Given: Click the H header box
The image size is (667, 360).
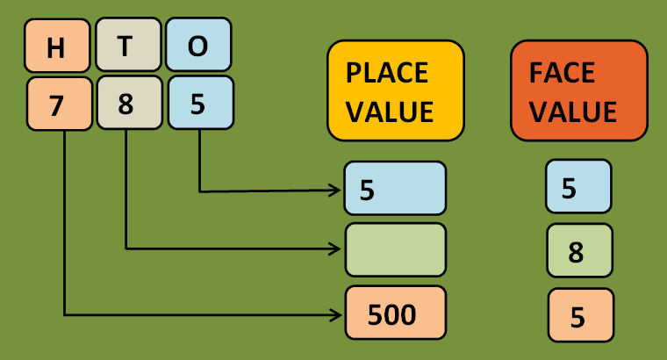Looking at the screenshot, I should point(57,46).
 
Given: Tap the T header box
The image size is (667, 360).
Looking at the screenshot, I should point(128,46).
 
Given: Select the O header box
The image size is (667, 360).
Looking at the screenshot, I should point(198,46).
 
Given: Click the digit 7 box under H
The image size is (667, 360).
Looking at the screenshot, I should point(59,104).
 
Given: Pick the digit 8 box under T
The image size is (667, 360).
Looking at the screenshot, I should point(128,104).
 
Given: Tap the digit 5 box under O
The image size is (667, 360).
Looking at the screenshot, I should point(199,104).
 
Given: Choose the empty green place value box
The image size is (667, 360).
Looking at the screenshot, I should point(395,249).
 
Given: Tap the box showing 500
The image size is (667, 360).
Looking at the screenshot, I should point(395,313).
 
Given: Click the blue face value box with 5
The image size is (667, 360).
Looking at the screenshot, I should point(577,186).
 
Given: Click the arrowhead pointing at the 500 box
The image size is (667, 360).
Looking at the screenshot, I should point(336,313).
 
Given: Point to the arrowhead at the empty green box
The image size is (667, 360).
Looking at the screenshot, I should point(336,248).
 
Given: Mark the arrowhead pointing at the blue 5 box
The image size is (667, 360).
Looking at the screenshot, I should point(336,190).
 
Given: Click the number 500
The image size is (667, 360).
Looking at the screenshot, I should point(391,314).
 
